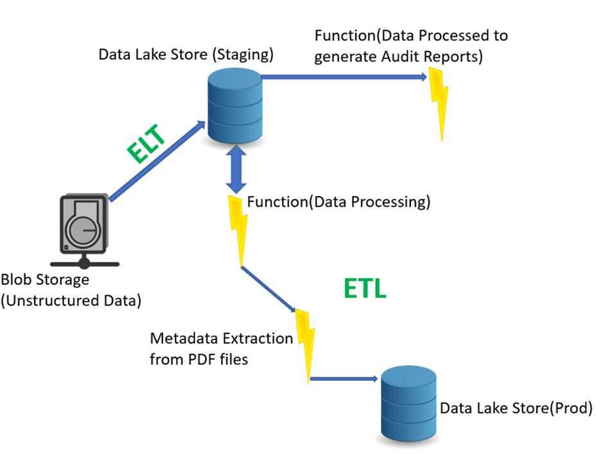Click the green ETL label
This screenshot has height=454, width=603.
coord(365,289)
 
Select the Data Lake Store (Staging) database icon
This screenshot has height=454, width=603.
coord(234,106)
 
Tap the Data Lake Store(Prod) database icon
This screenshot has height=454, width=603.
coord(408,403)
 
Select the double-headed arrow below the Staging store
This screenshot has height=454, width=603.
coord(236,169)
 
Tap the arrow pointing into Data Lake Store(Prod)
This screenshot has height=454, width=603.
coord(344,379)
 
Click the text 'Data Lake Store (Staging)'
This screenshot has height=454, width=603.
coord(186,54)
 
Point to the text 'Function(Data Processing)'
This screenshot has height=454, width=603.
coord(338,202)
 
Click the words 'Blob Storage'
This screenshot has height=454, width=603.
coord(45,280)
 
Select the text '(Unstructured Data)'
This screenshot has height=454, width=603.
coord(71,300)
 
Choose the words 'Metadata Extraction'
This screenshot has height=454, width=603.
coord(221,338)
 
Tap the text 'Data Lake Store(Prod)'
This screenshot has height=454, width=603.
coord(516,408)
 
